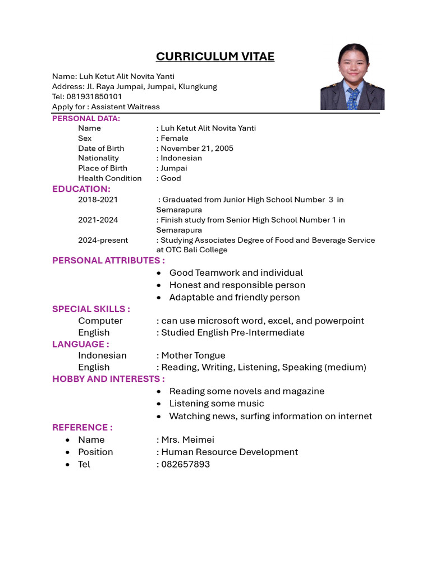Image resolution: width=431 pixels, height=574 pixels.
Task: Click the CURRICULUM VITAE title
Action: tap(215, 57)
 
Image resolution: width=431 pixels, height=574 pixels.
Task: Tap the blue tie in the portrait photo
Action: tap(352, 99)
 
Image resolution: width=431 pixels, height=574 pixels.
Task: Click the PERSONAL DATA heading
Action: tap(86, 118)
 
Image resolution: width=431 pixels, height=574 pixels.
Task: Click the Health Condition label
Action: tap(110, 178)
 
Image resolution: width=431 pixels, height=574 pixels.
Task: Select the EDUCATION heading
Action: tap(81, 189)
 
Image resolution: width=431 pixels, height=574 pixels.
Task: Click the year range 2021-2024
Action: tap(98, 220)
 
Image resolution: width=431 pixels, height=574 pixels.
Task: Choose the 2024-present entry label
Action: tap(103, 240)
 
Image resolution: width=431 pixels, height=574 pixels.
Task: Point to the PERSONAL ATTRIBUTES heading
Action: tap(108, 260)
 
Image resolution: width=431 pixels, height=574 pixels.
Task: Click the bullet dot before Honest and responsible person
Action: tap(159, 285)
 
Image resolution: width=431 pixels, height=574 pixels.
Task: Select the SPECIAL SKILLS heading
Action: tap(91, 309)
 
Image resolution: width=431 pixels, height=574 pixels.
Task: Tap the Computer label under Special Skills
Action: tap(100, 321)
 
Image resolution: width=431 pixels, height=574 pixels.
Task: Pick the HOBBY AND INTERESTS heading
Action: tap(108, 379)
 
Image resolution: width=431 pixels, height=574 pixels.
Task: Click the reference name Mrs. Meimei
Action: tap(188, 439)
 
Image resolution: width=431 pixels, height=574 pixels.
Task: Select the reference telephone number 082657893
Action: tap(186, 464)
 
